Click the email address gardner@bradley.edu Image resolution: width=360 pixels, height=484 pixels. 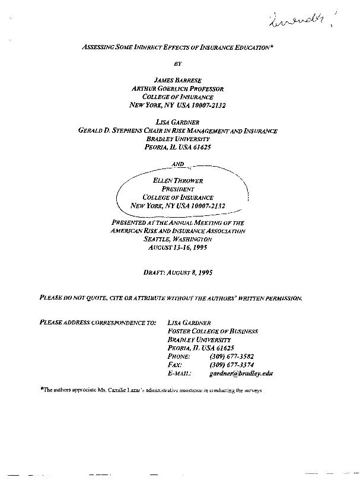[241, 374]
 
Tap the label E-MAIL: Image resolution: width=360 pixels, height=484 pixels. [179, 374]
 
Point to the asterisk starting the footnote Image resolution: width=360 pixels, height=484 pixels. [42, 390]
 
